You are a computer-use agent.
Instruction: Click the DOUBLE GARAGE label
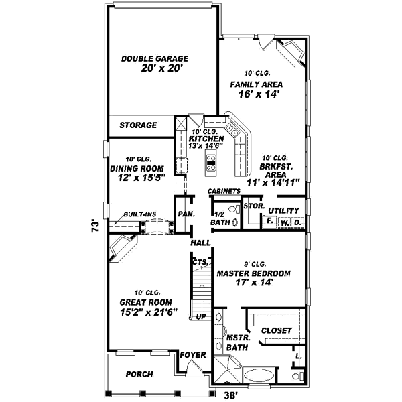tap(155, 58)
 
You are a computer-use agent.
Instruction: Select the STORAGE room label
tap(138, 125)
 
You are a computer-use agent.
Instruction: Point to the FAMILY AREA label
tap(256, 84)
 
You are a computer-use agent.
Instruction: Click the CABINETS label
tap(224, 191)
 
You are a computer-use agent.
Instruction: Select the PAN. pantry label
tap(186, 214)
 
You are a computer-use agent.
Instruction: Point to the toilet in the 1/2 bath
tap(232, 211)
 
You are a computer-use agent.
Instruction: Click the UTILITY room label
tap(287, 210)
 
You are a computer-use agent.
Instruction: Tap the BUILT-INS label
tap(139, 214)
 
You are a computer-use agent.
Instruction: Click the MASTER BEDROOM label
tap(253, 273)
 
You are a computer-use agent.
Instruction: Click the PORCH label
tap(139, 374)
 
